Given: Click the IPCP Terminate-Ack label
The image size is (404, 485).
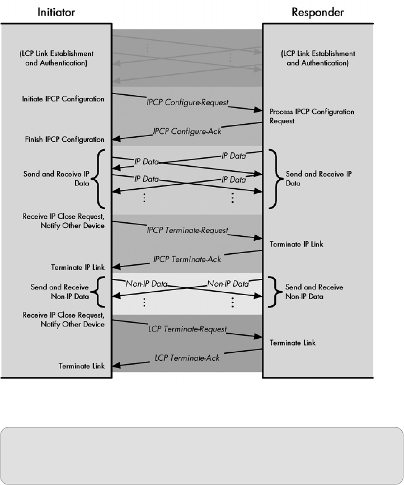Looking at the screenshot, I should pyautogui.click(x=187, y=259).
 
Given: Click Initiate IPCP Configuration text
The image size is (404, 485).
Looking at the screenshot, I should pyautogui.click(x=63, y=99).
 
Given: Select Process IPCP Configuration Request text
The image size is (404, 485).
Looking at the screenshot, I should pyautogui.click(x=312, y=116).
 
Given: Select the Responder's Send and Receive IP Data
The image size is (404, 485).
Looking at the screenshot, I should pyautogui.click(x=318, y=178).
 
